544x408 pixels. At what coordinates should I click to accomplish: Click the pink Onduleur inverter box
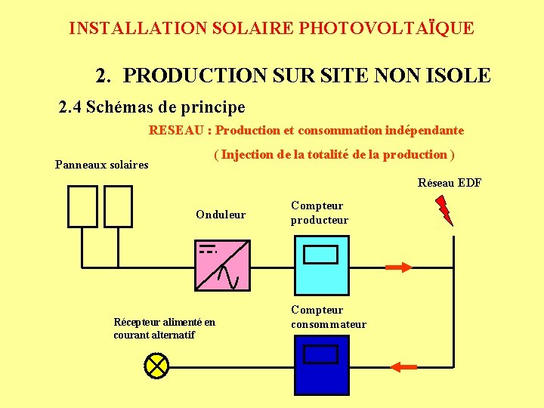click(222, 264)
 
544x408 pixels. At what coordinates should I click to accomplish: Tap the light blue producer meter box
click(321, 264)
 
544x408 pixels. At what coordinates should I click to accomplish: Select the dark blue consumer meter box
click(321, 365)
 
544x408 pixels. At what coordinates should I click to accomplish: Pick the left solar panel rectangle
click(82, 206)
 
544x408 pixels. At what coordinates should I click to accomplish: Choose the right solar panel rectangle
click(118, 206)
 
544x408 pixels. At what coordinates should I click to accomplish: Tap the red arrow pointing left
click(404, 366)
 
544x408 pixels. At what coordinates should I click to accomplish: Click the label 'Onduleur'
click(221, 215)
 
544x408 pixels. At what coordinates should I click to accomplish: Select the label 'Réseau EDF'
click(450, 183)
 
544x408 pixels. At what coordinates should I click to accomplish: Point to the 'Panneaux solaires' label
click(102, 165)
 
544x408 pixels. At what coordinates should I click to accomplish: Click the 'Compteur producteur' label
click(320, 213)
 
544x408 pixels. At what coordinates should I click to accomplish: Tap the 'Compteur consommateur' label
click(329, 317)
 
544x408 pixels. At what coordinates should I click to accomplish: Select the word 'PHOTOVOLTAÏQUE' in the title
click(387, 29)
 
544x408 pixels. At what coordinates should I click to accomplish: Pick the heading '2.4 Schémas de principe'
click(152, 107)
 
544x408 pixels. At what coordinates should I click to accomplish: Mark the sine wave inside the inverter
click(228, 278)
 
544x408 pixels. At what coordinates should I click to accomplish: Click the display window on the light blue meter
click(320, 254)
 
